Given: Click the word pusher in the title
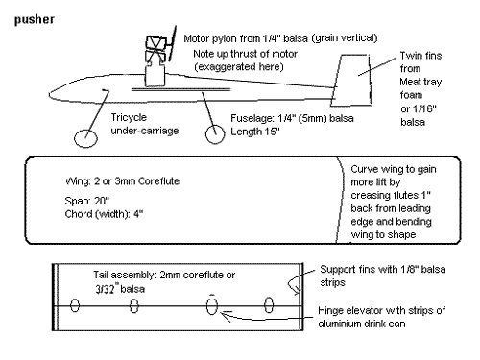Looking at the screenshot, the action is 35,20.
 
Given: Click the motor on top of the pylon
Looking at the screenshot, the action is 156,48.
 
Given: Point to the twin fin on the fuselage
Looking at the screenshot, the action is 351,80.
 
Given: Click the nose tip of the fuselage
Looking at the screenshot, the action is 49,94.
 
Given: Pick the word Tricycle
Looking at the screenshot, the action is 129,117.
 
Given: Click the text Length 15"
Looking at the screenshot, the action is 255,132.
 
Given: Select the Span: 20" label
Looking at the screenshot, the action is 86,201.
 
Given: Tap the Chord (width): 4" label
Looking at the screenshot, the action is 104,214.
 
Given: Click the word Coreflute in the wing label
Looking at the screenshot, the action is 159,181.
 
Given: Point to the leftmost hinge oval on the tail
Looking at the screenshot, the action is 75,305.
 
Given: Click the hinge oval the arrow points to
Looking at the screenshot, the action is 212,306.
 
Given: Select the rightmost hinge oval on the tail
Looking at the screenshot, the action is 269,304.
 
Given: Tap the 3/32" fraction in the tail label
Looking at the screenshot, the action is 106,289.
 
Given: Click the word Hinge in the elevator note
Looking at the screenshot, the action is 330,311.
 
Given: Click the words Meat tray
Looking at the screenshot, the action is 420,82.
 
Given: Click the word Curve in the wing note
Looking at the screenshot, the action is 364,169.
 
